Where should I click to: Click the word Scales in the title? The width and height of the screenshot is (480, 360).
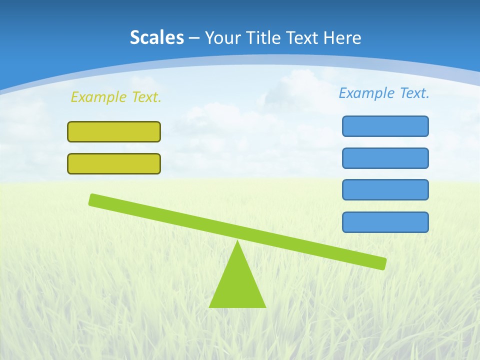pos(156,38)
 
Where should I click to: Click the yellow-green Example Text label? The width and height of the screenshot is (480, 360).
pos(116,97)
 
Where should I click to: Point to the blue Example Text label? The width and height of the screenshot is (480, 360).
pos(384,93)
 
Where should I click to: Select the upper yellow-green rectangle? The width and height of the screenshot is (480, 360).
pos(114,131)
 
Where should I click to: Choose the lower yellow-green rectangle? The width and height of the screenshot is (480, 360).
pos(114,163)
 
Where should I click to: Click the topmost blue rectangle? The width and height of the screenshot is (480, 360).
pos(385,126)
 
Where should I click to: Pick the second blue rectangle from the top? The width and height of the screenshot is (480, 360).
pos(385,158)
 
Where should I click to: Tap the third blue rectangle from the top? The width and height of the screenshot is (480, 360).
pos(385,190)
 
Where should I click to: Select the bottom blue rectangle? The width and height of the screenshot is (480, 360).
pos(385,222)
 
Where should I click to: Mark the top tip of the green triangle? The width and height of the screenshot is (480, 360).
pos(237,241)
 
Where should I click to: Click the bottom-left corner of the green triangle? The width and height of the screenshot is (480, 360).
pos(210,306)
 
